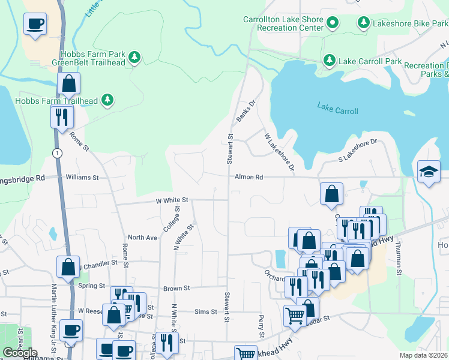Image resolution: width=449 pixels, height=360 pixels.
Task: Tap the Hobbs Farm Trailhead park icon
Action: [107, 100]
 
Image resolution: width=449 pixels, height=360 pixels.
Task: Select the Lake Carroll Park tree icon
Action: [329, 60]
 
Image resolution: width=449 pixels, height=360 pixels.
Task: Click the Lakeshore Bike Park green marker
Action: [363, 23]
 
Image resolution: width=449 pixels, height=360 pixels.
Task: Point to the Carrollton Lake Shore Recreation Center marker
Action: [333, 24]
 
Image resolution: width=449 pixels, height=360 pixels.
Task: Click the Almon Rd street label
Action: [245, 178]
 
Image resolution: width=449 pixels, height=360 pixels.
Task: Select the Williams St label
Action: [82, 178]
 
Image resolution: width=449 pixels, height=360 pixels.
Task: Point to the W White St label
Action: [172, 200]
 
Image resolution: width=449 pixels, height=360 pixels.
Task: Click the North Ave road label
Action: [142, 238]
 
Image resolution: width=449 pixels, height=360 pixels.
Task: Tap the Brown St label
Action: [176, 288]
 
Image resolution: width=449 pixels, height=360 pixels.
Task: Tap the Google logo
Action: [20, 353]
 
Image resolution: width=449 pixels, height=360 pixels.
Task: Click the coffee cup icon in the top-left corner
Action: [34, 25]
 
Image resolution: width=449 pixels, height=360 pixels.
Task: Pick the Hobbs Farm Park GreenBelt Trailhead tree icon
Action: [135, 57]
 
